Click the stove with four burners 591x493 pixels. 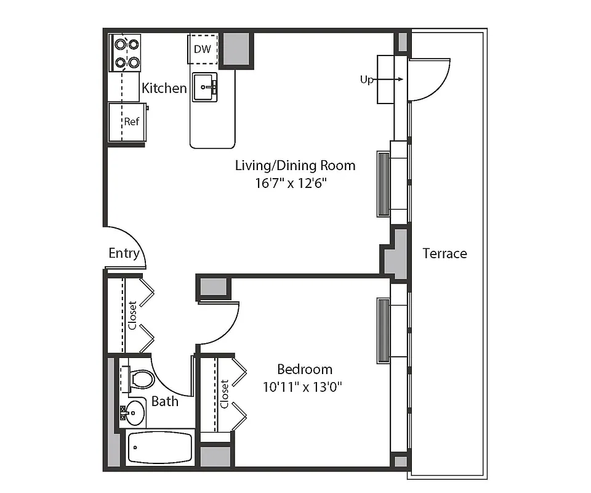pyautogui.click(x=125, y=53)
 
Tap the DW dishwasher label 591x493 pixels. pyautogui.click(x=203, y=49)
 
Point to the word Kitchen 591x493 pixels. pyautogui.click(x=164, y=88)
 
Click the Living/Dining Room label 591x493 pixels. pyautogui.click(x=295, y=165)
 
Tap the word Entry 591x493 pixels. pyautogui.click(x=124, y=253)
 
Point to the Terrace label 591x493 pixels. pyautogui.click(x=444, y=253)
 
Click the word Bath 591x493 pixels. pyautogui.click(x=165, y=401)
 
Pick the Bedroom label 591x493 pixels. pyautogui.click(x=305, y=369)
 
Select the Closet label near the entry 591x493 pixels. pyautogui.click(x=132, y=315)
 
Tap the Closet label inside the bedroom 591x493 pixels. pyautogui.click(x=225, y=394)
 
